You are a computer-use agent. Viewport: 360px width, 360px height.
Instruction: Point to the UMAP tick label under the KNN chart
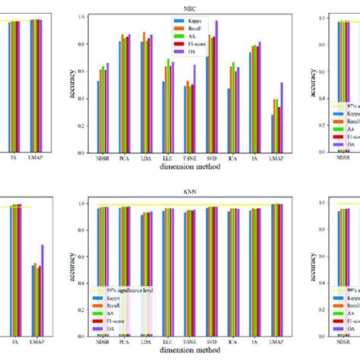point(255,343)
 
